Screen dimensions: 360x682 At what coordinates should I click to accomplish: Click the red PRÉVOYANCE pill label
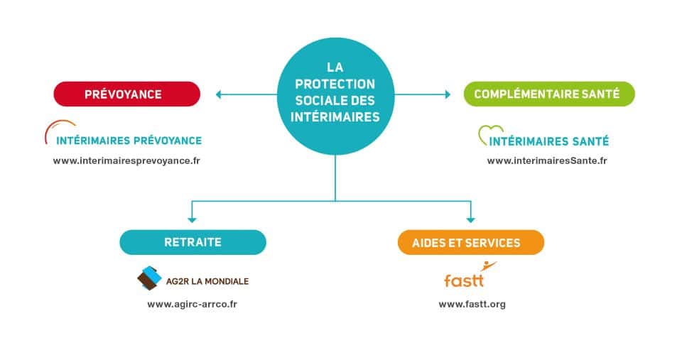pos(127,94)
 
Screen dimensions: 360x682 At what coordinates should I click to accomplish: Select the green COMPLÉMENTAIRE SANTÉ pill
pos(548,94)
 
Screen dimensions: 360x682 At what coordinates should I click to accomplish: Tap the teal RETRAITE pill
pos(193,242)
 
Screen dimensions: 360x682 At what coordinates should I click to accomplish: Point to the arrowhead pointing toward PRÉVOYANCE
pos(219,94)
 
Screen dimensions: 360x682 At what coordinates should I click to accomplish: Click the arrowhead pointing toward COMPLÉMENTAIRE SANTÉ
pos(448,94)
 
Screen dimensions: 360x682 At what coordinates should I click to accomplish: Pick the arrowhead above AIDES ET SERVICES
pos(470,219)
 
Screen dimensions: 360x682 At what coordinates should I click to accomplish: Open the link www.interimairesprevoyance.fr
pos(126,160)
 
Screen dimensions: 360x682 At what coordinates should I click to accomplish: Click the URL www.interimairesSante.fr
pos(547,160)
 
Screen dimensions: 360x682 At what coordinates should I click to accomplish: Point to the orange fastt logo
pos(466,278)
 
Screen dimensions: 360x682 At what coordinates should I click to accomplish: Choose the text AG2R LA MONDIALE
pos(207,281)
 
